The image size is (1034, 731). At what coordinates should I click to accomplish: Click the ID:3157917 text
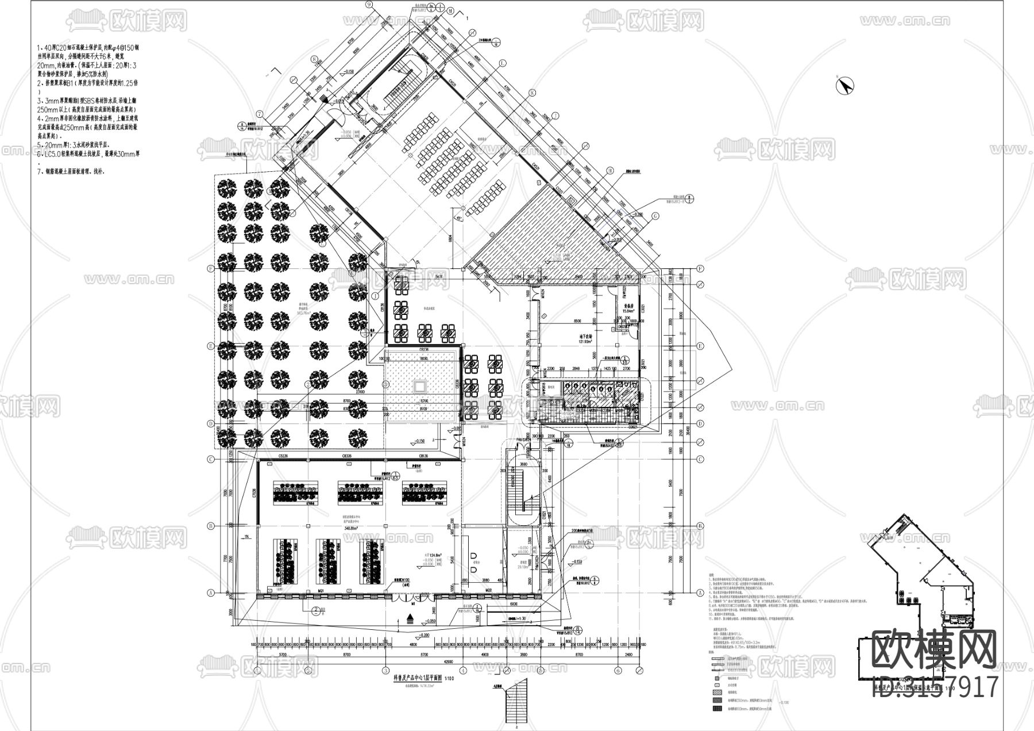935,687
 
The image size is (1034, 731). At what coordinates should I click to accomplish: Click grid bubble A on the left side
211,593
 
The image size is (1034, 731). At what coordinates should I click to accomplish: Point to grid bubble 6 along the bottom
618,670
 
